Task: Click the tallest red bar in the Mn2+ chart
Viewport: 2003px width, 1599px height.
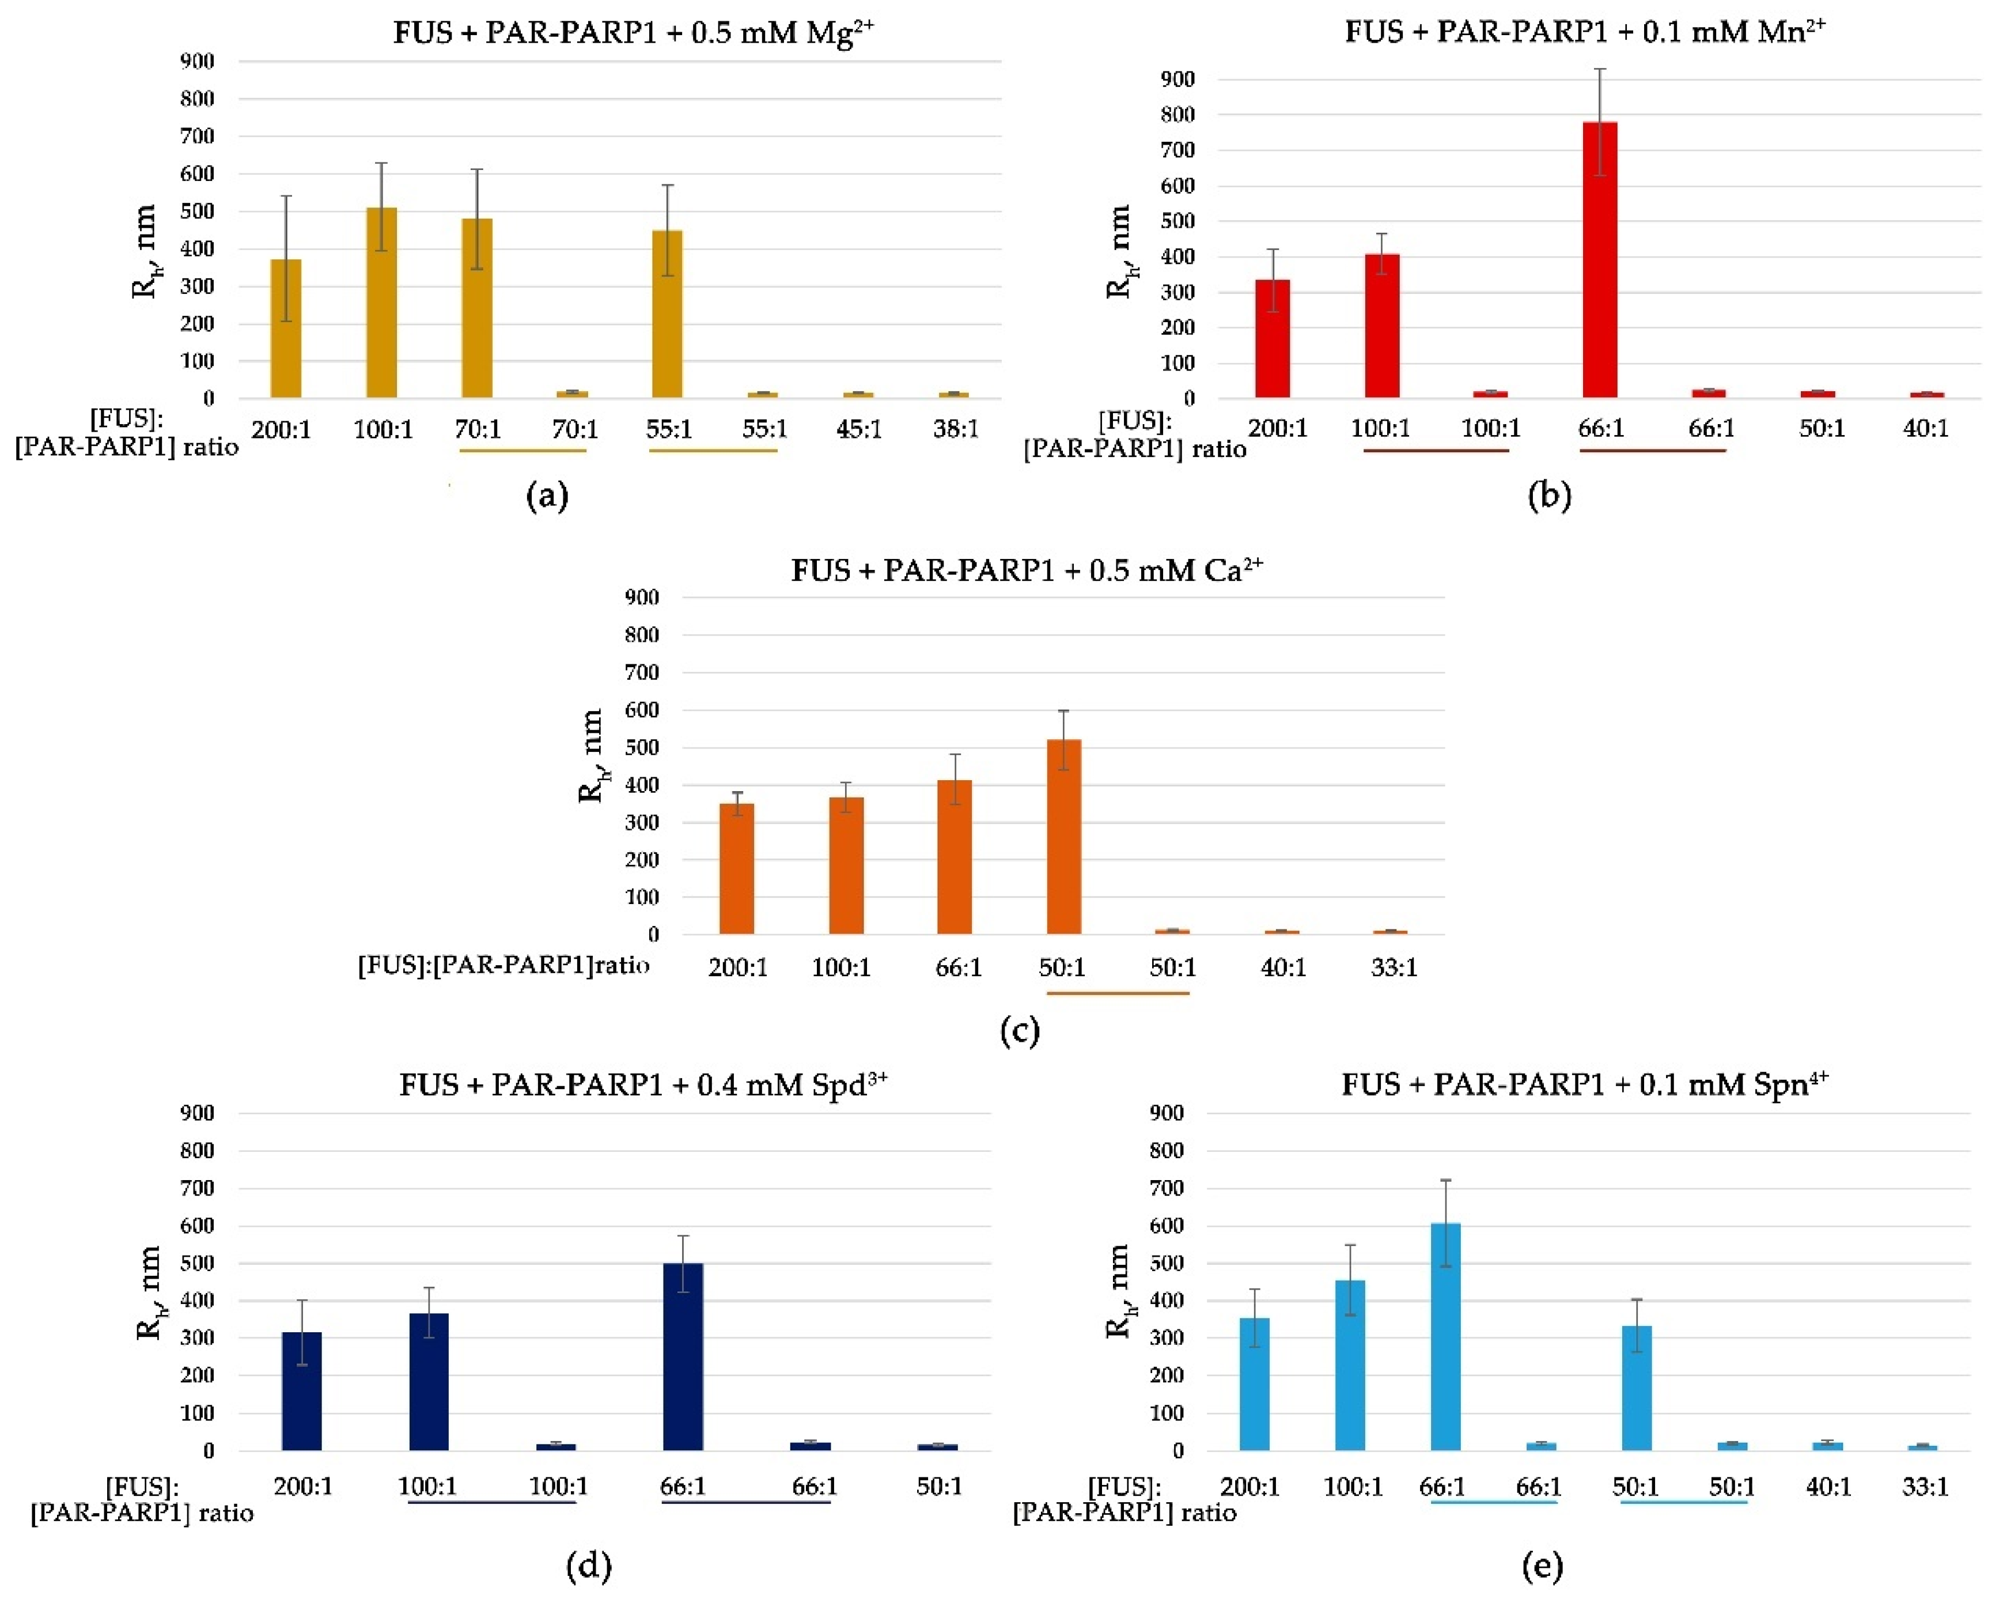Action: pyautogui.click(x=1600, y=260)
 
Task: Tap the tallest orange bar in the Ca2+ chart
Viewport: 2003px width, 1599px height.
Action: pyautogui.click(x=1064, y=836)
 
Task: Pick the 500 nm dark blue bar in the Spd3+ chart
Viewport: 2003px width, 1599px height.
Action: pyautogui.click(x=683, y=1356)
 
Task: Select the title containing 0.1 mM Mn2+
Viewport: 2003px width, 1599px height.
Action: pyautogui.click(x=1585, y=32)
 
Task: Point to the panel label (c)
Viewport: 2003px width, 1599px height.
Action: pyautogui.click(x=1019, y=1030)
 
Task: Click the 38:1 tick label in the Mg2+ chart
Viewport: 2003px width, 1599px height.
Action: pyautogui.click(x=956, y=429)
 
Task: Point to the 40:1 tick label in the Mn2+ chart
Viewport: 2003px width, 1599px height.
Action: pyautogui.click(x=1925, y=428)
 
